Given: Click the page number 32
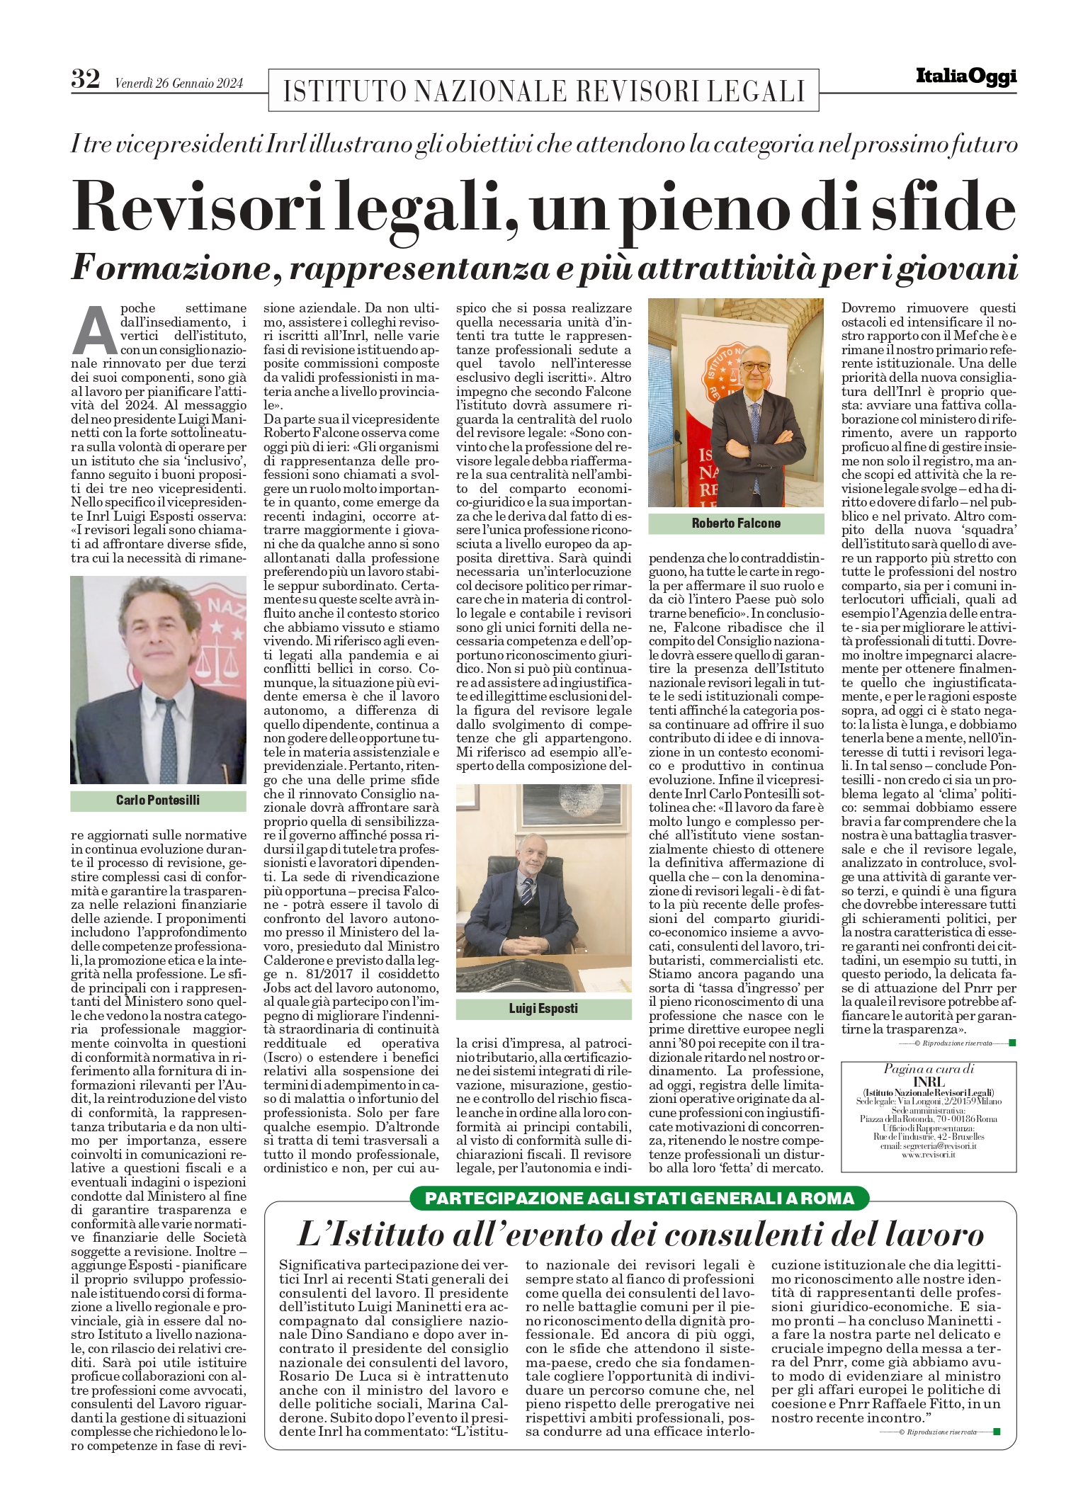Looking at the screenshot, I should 86,79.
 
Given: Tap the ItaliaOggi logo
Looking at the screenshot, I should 965,77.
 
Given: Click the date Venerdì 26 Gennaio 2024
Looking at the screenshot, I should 178,84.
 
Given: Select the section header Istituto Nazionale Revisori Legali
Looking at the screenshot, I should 543,91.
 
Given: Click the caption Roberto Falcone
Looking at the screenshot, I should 736,523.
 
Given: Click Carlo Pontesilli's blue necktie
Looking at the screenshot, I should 166,737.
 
